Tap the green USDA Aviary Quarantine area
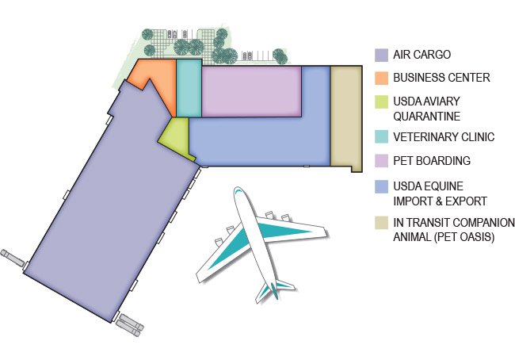(x=177, y=138)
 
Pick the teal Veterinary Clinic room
(x=189, y=88)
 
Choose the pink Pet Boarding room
(x=251, y=91)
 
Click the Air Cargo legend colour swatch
(x=381, y=56)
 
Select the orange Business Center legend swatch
(x=381, y=79)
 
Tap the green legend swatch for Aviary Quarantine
(x=381, y=102)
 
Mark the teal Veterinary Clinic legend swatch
(x=381, y=136)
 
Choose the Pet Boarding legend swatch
(x=381, y=161)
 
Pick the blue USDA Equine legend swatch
(x=381, y=186)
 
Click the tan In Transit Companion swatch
(x=381, y=223)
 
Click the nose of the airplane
(x=237, y=190)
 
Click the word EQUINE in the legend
(x=447, y=186)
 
